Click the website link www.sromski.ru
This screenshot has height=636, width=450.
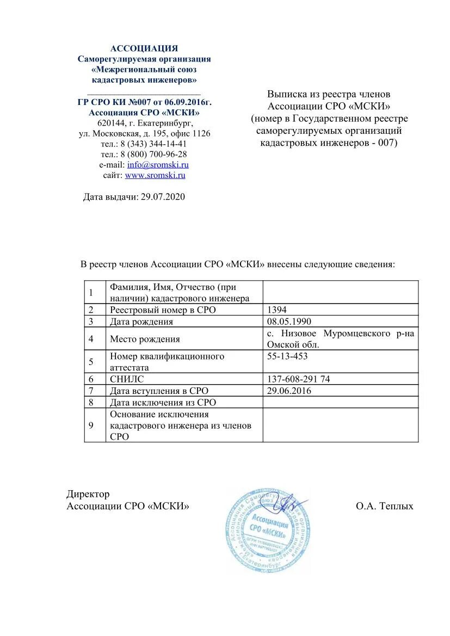tap(155, 175)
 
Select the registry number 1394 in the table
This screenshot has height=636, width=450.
tap(276, 310)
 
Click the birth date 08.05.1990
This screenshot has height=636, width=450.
tap(289, 321)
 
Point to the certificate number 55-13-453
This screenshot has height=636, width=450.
tap(287, 356)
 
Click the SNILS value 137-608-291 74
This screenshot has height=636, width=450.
tap(298, 379)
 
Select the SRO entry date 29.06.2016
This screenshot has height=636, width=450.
tap(289, 391)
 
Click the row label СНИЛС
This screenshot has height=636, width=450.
tap(127, 379)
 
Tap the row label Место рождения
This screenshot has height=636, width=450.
tap(145, 339)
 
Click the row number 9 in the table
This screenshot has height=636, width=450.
tap(91, 425)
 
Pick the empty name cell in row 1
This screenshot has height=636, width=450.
tap(341, 292)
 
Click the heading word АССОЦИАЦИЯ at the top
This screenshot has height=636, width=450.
tap(144, 48)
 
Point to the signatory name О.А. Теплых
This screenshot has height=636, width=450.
tap(385, 506)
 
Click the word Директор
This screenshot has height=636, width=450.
tap(88, 494)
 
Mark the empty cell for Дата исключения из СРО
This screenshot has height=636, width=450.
tap(341, 402)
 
